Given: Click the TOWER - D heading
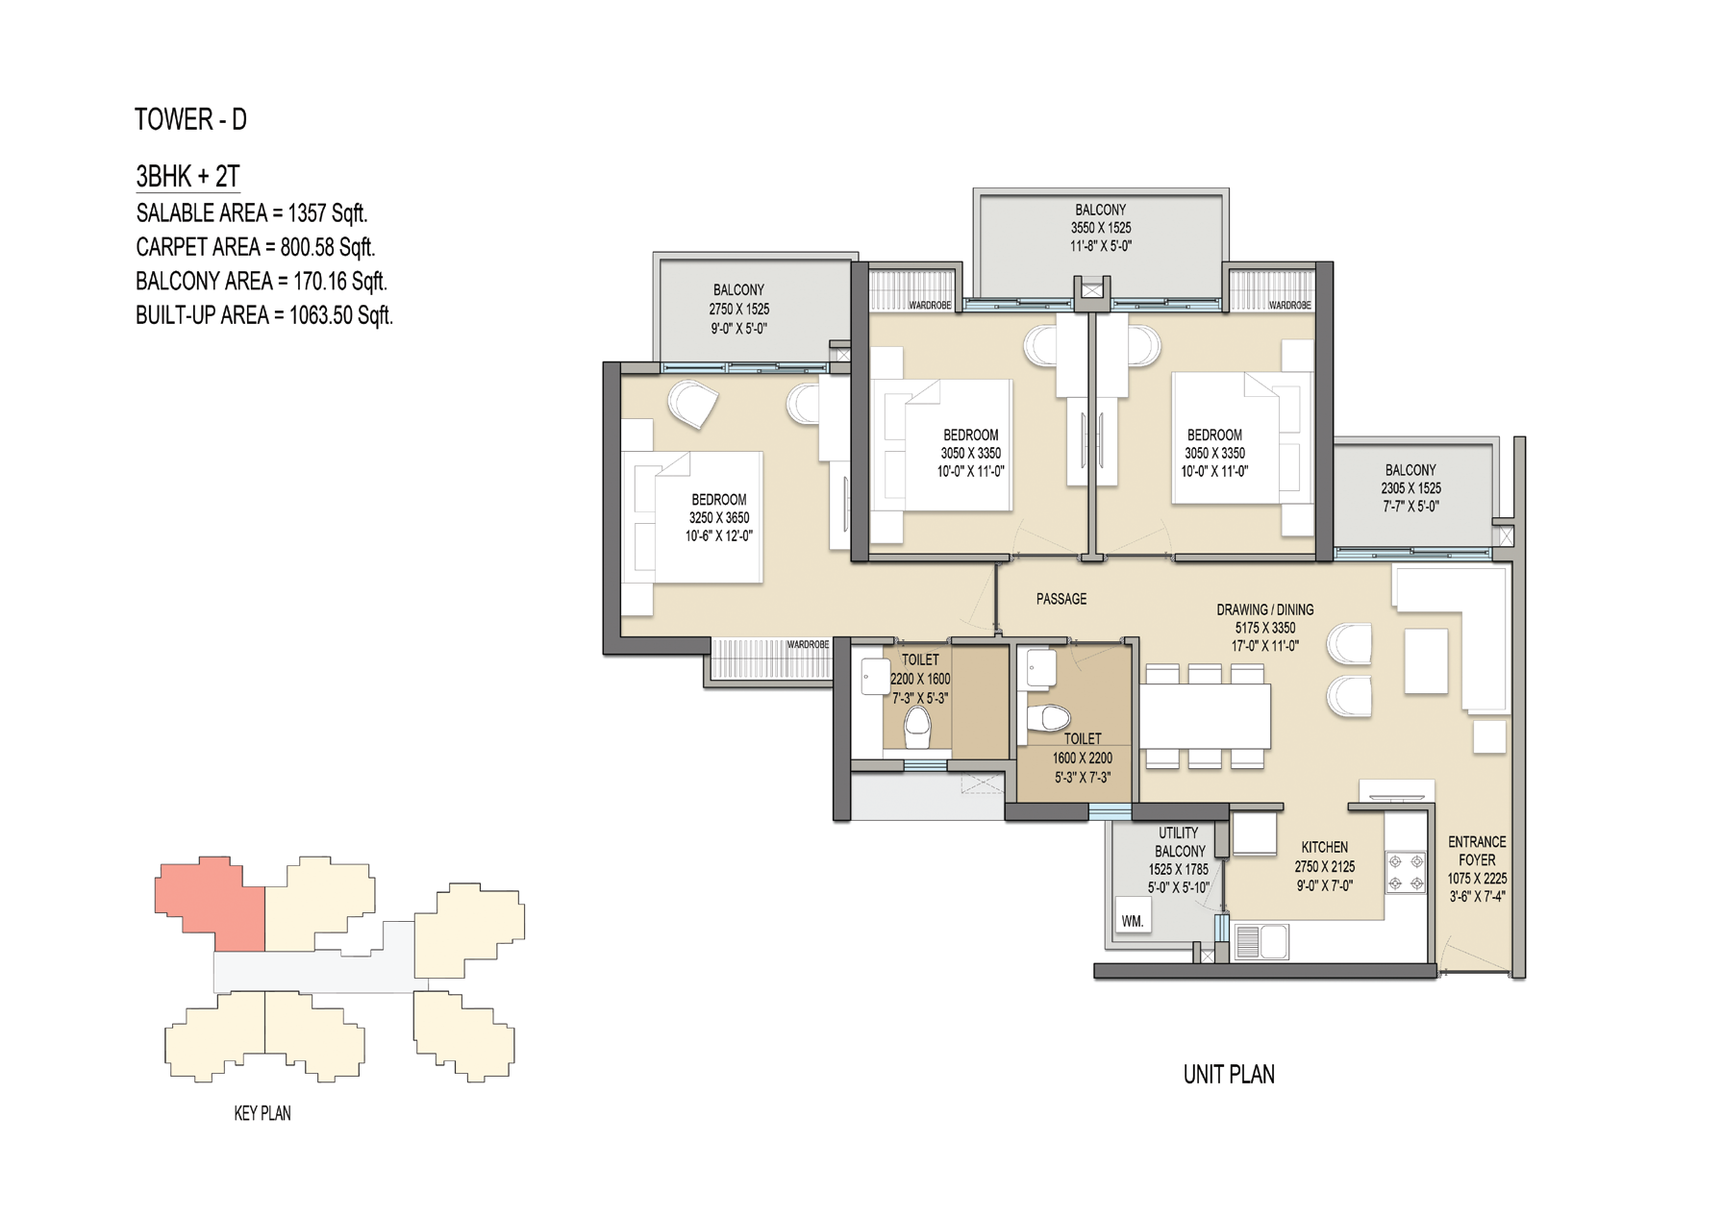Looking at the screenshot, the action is [x=190, y=119].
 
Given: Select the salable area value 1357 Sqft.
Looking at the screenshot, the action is [x=327, y=213].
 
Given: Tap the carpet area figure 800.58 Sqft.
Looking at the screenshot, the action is [x=327, y=247].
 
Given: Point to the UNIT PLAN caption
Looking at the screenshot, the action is [x=1229, y=1075].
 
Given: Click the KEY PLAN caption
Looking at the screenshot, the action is [x=262, y=1113].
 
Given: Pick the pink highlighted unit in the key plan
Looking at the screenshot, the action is [x=210, y=901].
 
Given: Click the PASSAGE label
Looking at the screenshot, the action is [x=1061, y=599].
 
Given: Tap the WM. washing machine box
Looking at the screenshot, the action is [x=1133, y=920].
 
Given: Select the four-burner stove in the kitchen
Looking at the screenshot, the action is [x=1406, y=873].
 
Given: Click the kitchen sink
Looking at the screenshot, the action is [x=1260, y=942].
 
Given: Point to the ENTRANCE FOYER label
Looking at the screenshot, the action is [x=1477, y=851].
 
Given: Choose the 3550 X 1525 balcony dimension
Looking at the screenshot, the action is [x=1101, y=228].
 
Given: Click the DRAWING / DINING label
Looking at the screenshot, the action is [x=1264, y=609].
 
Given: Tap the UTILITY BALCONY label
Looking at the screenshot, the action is [x=1179, y=842].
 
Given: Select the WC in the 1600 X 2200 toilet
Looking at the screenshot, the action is [x=1048, y=718].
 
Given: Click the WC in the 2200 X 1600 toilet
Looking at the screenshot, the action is [x=918, y=728].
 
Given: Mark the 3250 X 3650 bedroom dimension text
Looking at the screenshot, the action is [x=719, y=518].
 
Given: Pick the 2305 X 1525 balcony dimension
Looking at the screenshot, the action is [x=1410, y=488].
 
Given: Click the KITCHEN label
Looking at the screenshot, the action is [x=1325, y=847].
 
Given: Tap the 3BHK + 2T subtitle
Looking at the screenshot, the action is [x=187, y=177].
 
